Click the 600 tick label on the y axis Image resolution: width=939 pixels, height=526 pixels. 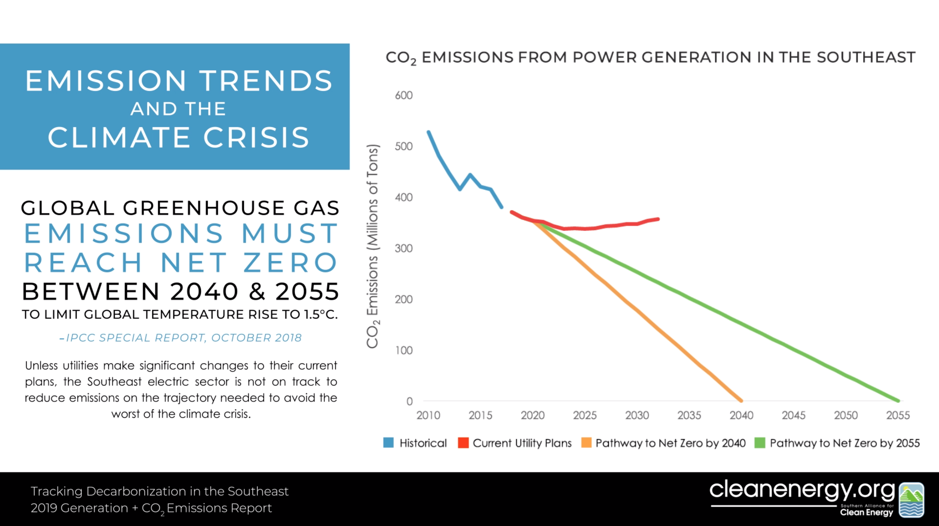404,95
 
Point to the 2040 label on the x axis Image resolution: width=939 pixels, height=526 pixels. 741,415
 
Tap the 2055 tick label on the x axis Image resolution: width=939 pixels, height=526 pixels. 898,415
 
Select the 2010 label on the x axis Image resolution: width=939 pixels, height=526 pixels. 428,415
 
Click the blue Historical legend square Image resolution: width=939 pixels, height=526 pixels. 389,443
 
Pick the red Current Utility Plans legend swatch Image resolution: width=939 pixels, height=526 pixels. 463,443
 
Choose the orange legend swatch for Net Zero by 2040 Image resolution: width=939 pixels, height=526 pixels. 586,443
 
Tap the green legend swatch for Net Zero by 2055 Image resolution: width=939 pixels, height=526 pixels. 760,443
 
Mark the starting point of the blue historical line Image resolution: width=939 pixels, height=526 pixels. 428,132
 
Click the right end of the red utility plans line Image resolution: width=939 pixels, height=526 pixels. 658,219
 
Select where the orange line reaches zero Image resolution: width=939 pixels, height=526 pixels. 741,401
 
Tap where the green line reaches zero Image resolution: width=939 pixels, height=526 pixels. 898,401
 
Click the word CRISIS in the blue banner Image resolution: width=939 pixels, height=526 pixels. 256,138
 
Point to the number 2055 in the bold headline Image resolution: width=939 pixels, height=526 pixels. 307,291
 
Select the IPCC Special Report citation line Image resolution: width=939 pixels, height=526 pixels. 181,338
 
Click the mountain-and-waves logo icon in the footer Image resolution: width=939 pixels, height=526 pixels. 911,500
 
